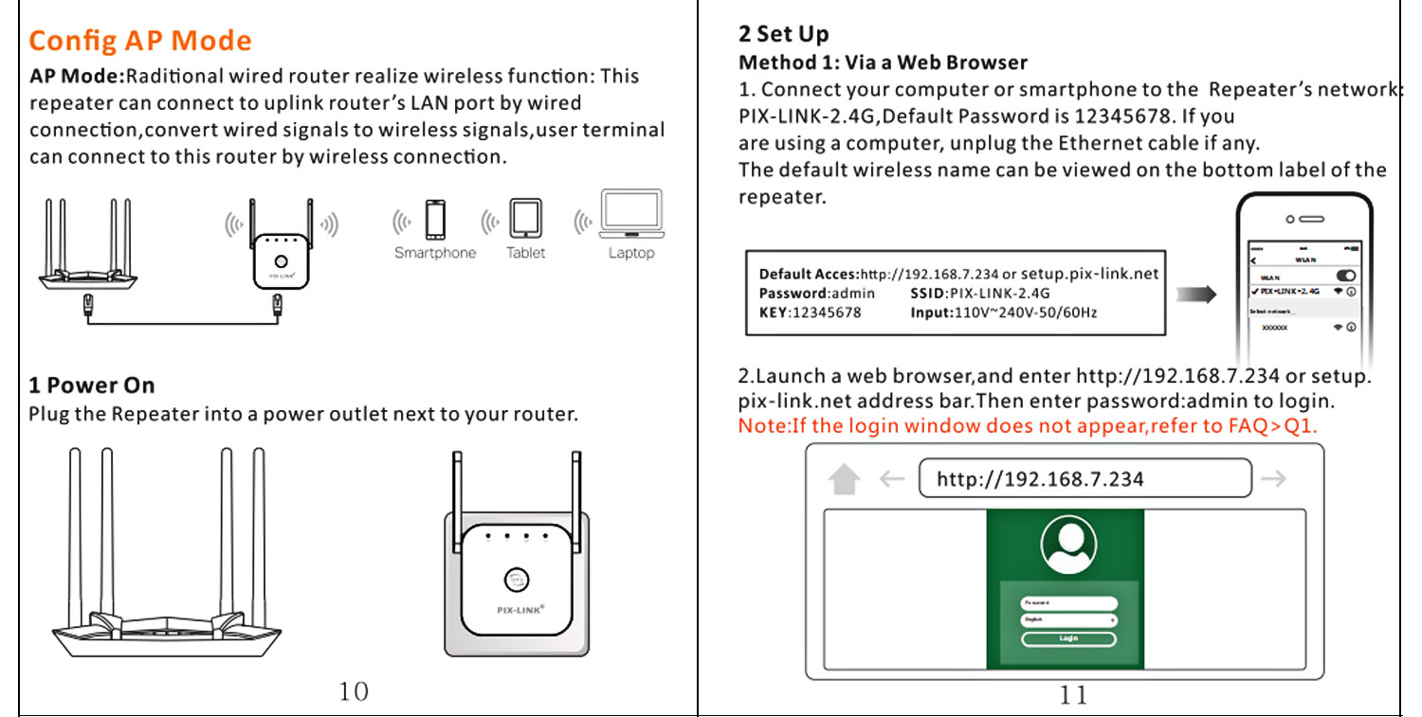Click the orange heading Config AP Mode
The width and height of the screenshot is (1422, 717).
[x=140, y=42]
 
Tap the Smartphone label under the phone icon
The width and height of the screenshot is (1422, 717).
[x=435, y=253]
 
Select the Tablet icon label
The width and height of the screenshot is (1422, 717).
[x=525, y=253]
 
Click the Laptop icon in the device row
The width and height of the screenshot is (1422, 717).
[x=631, y=214]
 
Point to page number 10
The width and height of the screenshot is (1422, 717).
[x=354, y=691]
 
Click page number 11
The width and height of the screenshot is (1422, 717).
[x=1073, y=695]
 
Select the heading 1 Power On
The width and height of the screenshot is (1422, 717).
[x=91, y=385]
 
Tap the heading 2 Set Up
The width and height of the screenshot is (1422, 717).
[x=783, y=35]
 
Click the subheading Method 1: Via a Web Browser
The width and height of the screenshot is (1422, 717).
[x=883, y=63]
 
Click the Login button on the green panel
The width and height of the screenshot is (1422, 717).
[x=1068, y=638]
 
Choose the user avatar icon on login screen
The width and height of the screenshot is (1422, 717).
[x=1068, y=544]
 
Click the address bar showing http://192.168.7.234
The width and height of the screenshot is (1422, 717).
[x=1085, y=478]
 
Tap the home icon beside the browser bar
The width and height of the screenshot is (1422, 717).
[x=843, y=479]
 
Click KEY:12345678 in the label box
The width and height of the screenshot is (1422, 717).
[x=810, y=313]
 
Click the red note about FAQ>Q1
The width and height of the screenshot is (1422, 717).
[x=1028, y=425]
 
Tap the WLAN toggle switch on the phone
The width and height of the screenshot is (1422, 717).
[x=1344, y=276]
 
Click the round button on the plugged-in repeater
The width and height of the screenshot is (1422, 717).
[x=517, y=580]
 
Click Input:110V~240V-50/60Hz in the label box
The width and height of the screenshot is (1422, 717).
[x=1003, y=313]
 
